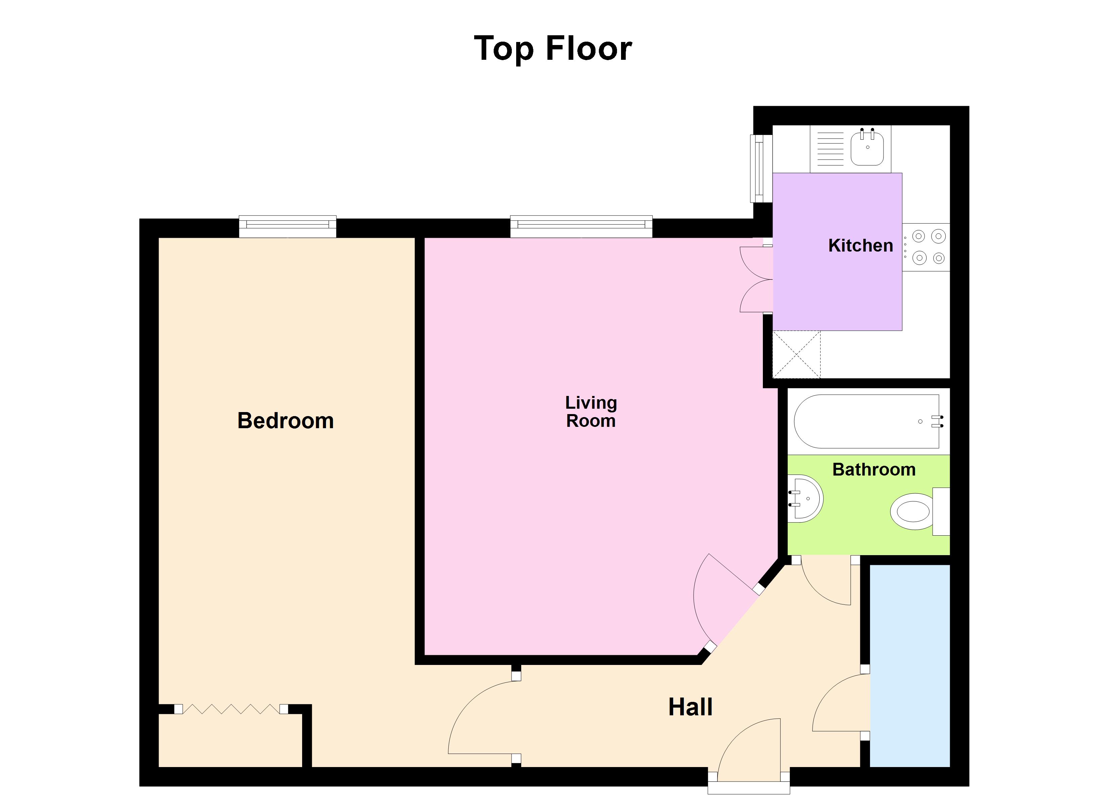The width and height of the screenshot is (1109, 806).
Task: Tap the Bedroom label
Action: (286, 421)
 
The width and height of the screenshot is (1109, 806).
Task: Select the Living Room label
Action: (591, 411)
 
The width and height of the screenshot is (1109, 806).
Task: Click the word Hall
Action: (690, 707)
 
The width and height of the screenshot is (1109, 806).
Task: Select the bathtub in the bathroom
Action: (866, 421)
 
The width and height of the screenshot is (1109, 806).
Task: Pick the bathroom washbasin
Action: (806, 499)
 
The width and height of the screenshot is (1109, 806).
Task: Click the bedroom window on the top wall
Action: (288, 226)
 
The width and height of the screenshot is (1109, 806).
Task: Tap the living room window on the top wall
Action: (581, 226)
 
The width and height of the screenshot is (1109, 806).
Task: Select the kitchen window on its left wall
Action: (761, 169)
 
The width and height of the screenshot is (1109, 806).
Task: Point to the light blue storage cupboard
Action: (909, 666)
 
